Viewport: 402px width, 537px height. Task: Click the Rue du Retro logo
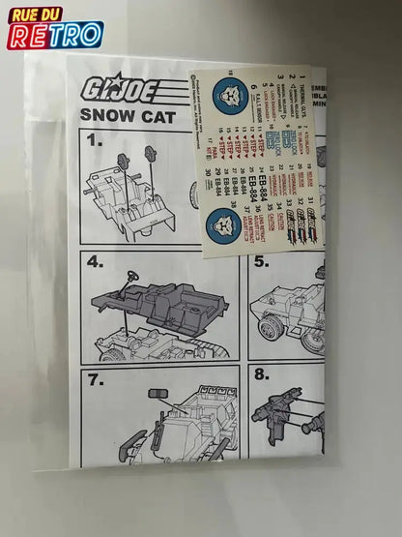[55, 26]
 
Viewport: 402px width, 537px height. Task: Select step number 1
[95, 140]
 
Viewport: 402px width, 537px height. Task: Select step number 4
[95, 261]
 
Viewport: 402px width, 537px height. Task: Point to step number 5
[261, 261]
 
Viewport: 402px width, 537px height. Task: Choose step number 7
[95, 378]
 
